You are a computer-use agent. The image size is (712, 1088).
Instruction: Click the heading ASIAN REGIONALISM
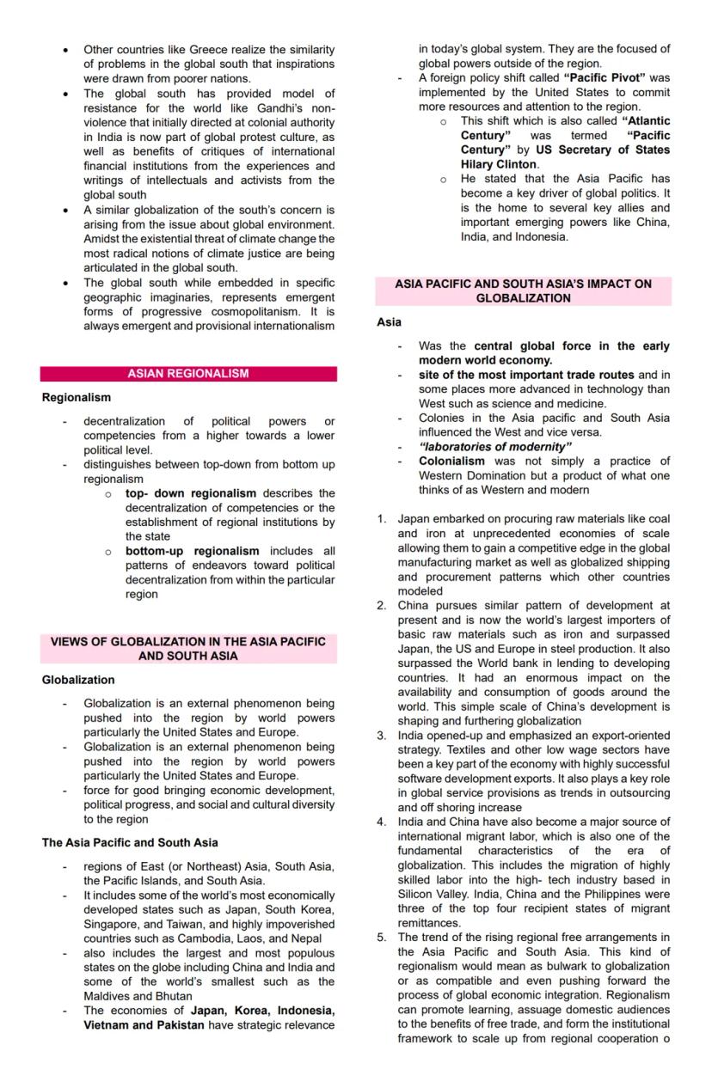tap(188, 374)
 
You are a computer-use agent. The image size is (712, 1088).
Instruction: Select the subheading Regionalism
tap(77, 398)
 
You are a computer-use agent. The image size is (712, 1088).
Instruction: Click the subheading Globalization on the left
tap(78, 680)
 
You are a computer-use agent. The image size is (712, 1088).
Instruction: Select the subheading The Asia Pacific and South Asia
tap(130, 842)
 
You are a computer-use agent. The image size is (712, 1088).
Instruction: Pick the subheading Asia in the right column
tap(389, 322)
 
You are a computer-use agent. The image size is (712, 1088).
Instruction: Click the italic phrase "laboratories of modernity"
tap(495, 447)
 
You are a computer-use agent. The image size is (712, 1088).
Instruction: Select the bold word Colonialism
tap(451, 461)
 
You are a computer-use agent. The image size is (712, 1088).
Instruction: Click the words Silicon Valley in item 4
tap(433, 895)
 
